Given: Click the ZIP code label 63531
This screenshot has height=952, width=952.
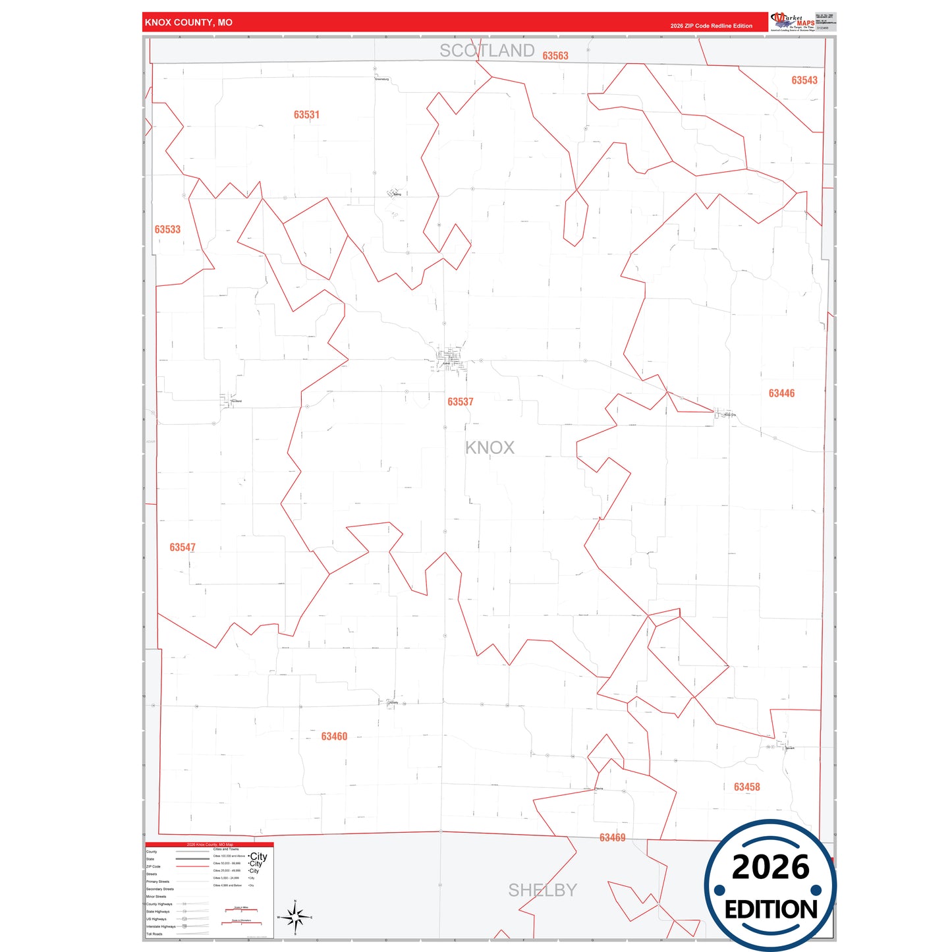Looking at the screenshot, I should tap(306, 115).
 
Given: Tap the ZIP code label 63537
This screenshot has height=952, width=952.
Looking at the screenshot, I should tap(460, 402).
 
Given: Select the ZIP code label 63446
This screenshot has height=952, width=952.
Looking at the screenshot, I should tap(781, 393).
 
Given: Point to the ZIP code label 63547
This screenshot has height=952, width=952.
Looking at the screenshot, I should tap(182, 547).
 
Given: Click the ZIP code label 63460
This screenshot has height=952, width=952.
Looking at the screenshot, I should tap(334, 737).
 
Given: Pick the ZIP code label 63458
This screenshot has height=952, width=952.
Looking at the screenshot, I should tap(746, 787).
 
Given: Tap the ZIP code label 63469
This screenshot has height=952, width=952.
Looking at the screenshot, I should tap(612, 838).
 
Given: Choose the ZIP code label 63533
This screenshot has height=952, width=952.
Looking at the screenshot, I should tap(167, 230).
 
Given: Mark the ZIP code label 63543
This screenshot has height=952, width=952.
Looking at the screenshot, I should tap(804, 80).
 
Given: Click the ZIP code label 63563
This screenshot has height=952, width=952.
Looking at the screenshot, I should tap(555, 56).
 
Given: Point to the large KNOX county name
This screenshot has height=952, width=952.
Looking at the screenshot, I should tap(490, 448).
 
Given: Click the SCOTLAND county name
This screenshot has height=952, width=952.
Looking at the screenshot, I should tap(487, 51).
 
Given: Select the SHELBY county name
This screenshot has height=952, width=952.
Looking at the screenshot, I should tap(542, 890).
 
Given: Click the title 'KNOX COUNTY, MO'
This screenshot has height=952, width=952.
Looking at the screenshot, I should tap(188, 22).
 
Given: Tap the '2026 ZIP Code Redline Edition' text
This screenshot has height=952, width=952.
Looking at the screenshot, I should tap(711, 26).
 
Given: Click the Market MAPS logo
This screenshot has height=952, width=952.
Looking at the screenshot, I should tap(793, 22).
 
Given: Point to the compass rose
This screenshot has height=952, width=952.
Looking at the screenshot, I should tap(295, 916).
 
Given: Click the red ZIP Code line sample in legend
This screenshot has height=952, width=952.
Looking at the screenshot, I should tap(192, 866).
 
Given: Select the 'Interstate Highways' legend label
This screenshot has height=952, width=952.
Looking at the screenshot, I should tap(161, 926).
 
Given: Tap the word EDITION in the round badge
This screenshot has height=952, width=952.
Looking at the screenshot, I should tap(770, 910).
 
